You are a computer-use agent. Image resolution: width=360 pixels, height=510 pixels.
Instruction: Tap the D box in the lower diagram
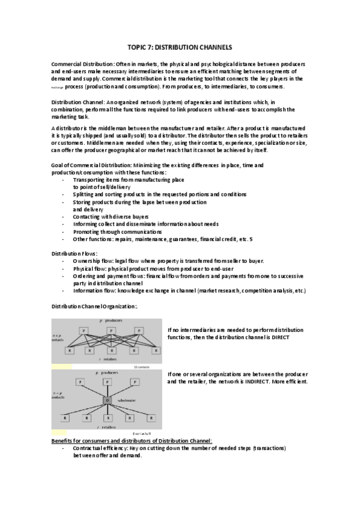[x=108, y=400]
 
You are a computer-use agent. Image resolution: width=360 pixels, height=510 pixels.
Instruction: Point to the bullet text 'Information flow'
[x=94, y=290]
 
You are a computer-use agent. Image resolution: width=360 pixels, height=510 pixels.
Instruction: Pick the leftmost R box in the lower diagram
[x=64, y=417]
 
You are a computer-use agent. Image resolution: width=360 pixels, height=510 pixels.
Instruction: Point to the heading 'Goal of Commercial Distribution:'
[x=96, y=165]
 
